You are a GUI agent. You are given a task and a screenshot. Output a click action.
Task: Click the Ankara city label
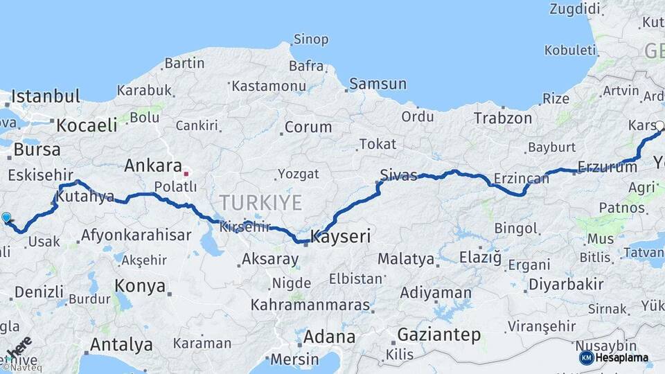pyautogui.click(x=152, y=166)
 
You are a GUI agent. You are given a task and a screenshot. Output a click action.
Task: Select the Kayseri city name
pyautogui.click(x=341, y=236)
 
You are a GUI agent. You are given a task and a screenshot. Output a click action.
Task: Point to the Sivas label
pyautogui.click(x=398, y=175)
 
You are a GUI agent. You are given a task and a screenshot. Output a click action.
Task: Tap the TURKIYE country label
pyautogui.click(x=260, y=203)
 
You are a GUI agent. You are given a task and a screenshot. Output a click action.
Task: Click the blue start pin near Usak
pyautogui.click(x=7, y=217)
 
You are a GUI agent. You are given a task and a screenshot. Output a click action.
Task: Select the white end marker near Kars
pyautogui.click(x=659, y=126)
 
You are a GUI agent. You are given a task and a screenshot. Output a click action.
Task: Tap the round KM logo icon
pyautogui.click(x=586, y=357)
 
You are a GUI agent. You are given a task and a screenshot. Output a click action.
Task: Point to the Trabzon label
pyautogui.click(x=503, y=118)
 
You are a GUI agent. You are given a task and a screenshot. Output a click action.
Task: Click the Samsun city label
pyautogui.click(x=378, y=84)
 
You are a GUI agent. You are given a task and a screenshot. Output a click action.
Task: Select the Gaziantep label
pyautogui.click(x=438, y=335)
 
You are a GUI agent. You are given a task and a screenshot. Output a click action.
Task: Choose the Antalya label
pyautogui.click(x=121, y=344)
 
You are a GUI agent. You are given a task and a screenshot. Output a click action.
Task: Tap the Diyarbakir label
pyautogui.click(x=565, y=284)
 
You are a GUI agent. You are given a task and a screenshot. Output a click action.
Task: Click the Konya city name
pyautogui.click(x=140, y=286)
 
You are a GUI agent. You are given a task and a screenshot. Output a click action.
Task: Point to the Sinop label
pyautogui.click(x=311, y=39)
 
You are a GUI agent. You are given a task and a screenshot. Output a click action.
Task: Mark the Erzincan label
pyautogui.click(x=521, y=179)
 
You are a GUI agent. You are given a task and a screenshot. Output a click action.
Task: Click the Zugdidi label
pyautogui.click(x=574, y=9)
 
